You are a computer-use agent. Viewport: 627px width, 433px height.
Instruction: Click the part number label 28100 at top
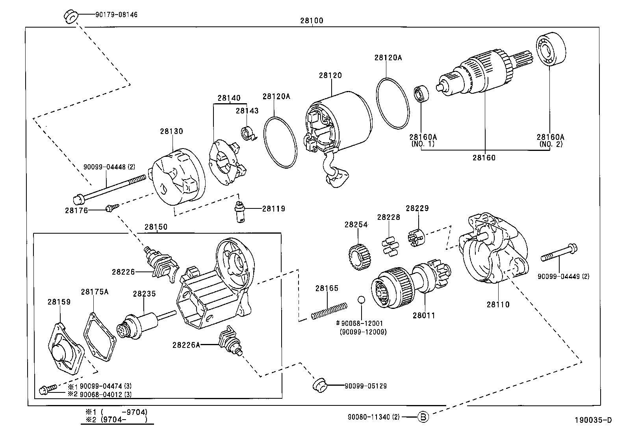pyautogui.click(x=312, y=20)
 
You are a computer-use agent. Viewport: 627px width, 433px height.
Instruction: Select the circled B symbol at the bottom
pyautogui.click(x=422, y=416)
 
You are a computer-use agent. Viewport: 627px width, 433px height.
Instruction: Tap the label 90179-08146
pyautogui.click(x=117, y=15)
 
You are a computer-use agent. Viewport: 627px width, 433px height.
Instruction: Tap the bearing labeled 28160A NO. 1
pyautogui.click(x=421, y=93)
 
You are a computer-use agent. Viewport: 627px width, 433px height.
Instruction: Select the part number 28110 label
pyautogui.click(x=498, y=304)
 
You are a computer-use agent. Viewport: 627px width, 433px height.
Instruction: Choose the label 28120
pyautogui.click(x=330, y=75)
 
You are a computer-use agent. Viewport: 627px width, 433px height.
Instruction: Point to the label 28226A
pyautogui.click(x=186, y=345)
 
